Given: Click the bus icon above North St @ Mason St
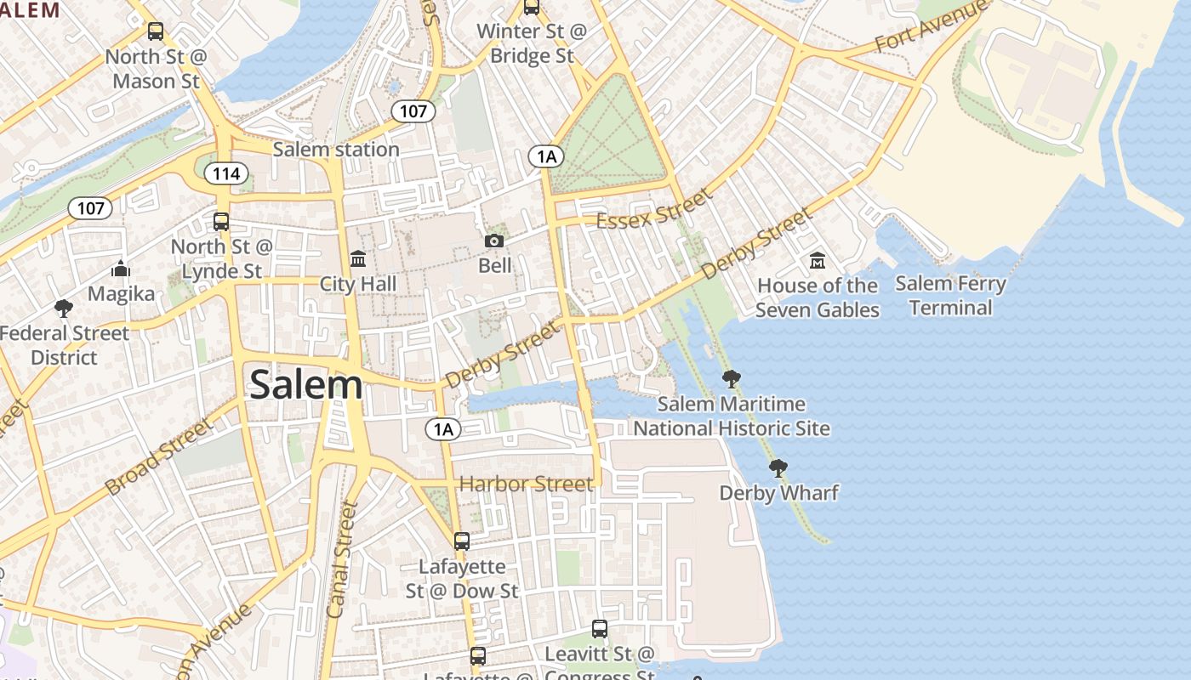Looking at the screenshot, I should [156, 31].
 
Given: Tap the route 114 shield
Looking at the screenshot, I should [226, 174].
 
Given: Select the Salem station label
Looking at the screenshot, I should [335, 150].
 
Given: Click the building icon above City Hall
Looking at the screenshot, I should [358, 258].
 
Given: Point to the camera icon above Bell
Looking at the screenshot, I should [494, 241].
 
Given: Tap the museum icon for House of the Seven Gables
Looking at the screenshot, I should [818, 260].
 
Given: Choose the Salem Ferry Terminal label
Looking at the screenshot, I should [950, 295].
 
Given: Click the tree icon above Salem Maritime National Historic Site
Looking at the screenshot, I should [731, 379].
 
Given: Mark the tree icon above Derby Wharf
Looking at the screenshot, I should [778, 468].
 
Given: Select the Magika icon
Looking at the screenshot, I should [121, 269].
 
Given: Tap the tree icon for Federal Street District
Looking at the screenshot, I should [64, 308].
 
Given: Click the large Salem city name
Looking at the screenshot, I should [306, 385].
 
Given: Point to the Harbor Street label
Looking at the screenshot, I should [526, 484].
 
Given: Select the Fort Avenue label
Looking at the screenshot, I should [932, 25].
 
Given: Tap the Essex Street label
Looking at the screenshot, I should [653, 210].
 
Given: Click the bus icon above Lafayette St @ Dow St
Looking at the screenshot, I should [462, 541].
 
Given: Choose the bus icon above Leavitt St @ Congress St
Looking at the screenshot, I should [600, 629].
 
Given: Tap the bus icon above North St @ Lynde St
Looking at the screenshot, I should [221, 222].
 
